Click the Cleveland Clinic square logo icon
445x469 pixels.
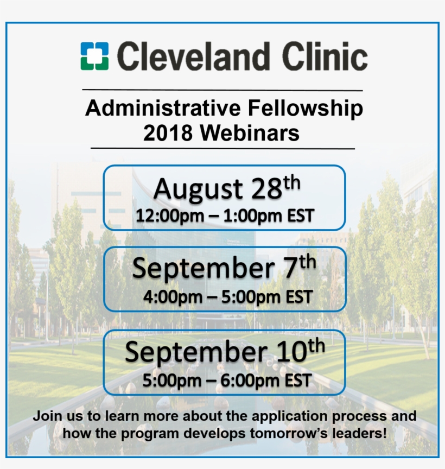94,56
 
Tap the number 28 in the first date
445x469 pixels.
266,189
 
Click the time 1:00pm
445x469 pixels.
255,216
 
